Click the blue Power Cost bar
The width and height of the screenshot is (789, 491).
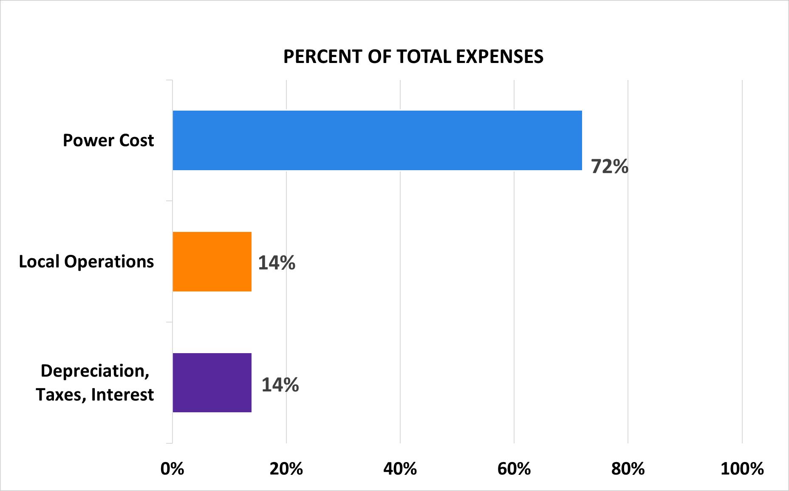377,140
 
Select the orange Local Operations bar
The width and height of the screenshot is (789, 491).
212,262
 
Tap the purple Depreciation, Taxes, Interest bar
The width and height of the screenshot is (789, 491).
212,383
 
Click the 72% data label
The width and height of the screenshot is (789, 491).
610,167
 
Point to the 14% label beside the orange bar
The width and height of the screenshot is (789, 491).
277,263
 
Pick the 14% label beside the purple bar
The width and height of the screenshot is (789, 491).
280,385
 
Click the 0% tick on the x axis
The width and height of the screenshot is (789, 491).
173,469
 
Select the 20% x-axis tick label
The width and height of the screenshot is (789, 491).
286,469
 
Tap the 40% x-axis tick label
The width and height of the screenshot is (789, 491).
400,469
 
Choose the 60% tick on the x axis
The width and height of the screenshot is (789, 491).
514,469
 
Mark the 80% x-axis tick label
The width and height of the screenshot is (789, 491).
628,469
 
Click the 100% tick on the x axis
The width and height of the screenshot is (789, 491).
742,469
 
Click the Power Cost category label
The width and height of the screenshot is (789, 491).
108,140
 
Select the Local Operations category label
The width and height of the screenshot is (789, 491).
86,262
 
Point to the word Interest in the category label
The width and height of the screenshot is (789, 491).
122,395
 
